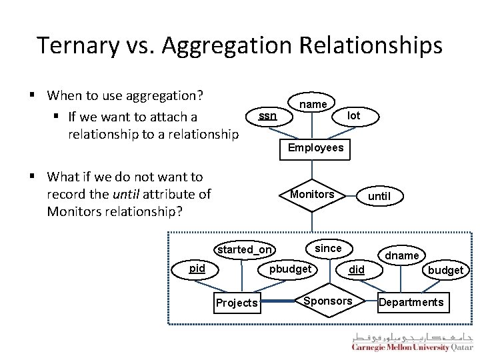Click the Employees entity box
tap(315, 147)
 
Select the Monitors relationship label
tap(312, 194)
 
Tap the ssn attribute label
tap(268, 116)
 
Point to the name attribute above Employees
tap(313, 104)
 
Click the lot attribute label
tap(354, 115)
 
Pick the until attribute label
tap(379, 196)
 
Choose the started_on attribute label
tap(245, 249)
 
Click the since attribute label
tap(328, 248)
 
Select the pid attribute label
tap(197, 268)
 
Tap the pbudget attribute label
tap(290, 269)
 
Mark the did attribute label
tap(357, 269)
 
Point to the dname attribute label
tap(403, 255)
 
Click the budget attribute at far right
tap(445, 270)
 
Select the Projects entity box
tap(237, 303)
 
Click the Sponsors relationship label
tap(327, 301)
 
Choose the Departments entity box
tap(411, 302)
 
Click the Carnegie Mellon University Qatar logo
tap(412, 342)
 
